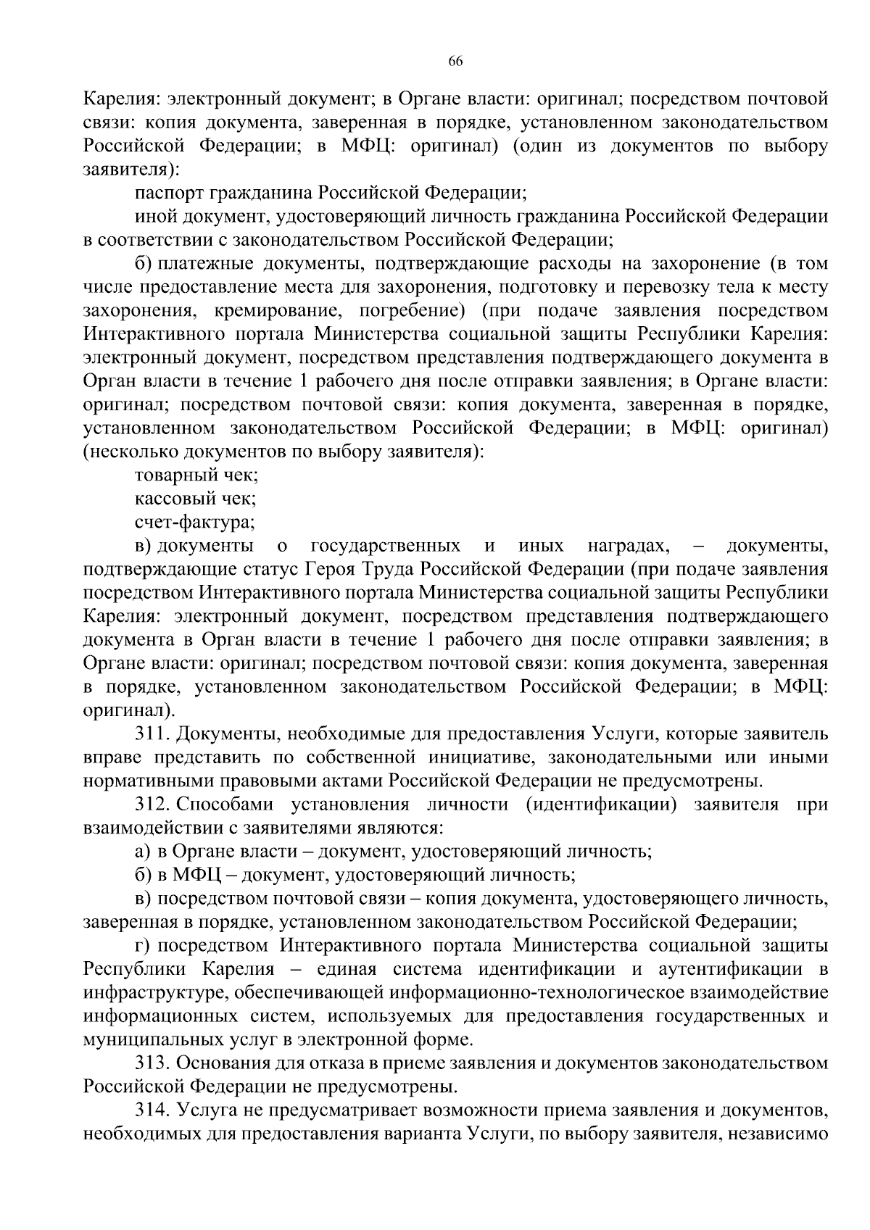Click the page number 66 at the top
coord(455,61)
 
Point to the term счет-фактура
coord(194,522)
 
